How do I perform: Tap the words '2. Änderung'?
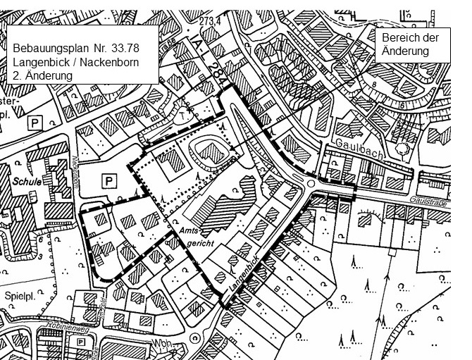(x=43, y=75)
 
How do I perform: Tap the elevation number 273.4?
(x=211, y=22)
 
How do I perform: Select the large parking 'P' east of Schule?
(x=108, y=181)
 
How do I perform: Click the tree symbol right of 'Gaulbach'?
(x=403, y=149)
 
